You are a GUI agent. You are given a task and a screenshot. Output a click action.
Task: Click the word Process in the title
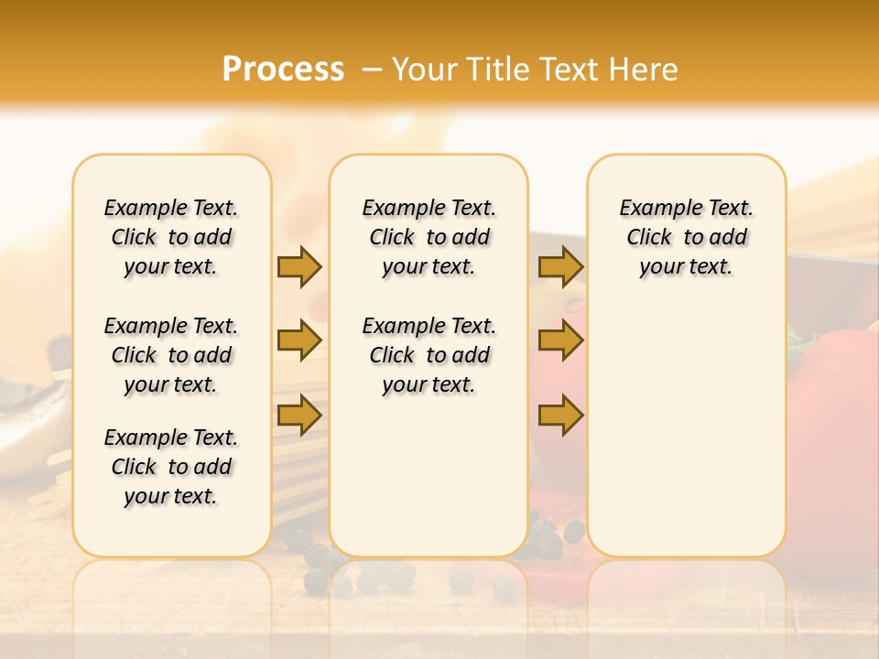coord(283,70)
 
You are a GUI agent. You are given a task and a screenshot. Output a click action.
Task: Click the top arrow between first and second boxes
coord(299,266)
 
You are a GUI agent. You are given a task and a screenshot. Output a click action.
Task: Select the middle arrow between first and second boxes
coord(299,340)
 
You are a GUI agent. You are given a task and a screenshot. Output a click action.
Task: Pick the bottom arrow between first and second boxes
coord(299,415)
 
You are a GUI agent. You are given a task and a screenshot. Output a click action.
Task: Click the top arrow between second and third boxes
coord(560,266)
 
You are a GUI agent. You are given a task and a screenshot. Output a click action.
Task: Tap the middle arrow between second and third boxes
coord(560,340)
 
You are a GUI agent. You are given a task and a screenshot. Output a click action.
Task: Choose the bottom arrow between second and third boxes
coord(560,415)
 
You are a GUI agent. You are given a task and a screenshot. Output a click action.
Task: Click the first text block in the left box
coord(171,237)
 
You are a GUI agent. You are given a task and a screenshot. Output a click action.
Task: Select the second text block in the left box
coord(171,355)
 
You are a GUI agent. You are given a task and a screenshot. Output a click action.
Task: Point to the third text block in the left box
coord(171,467)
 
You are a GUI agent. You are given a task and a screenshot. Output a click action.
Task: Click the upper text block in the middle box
coord(429,237)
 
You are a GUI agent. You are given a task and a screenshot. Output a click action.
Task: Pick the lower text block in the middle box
coord(429,355)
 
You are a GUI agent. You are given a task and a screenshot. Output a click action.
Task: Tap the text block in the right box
coord(687,237)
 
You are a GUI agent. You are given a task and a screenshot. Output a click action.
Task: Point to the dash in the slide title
coord(372,70)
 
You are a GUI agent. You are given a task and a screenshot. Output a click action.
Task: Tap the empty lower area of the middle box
coord(429,476)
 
